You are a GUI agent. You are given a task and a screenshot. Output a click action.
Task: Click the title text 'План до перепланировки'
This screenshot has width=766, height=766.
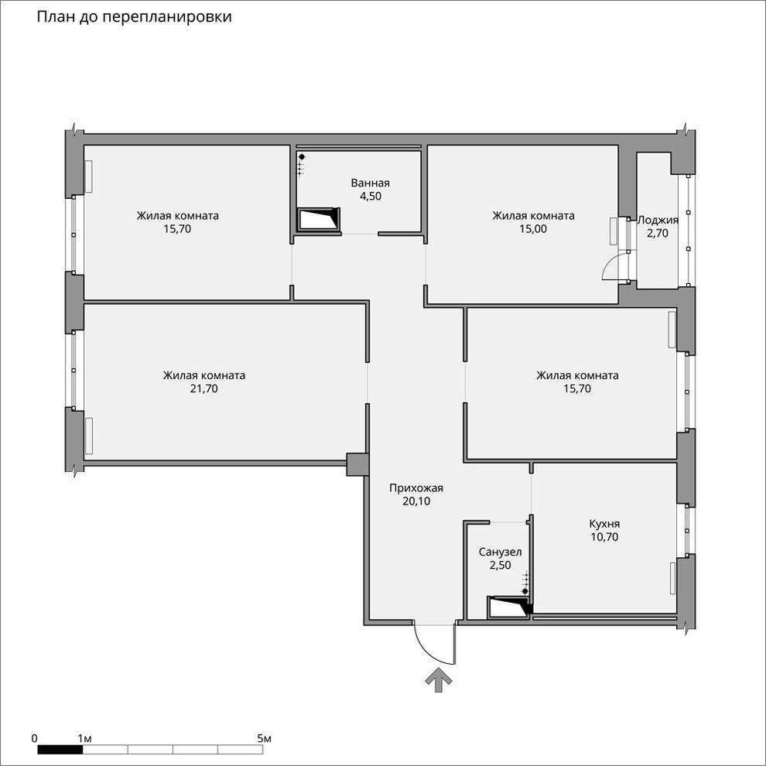[134, 16]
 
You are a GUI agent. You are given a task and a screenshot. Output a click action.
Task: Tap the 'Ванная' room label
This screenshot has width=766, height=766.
[370, 183]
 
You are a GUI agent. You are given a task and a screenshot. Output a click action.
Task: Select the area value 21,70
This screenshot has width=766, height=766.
[204, 389]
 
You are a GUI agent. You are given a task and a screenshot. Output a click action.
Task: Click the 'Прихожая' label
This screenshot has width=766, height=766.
[416, 487]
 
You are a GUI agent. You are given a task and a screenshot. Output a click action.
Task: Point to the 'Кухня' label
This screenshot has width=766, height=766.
[604, 523]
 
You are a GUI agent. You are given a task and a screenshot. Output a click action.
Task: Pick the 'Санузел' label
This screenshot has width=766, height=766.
[501, 552]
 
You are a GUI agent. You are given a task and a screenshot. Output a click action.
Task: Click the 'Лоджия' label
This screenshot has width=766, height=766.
[658, 220]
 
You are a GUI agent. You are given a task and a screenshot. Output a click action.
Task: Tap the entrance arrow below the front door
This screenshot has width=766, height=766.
[438, 681]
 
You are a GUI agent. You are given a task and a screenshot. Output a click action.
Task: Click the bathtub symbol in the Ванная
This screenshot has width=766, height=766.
[320, 220]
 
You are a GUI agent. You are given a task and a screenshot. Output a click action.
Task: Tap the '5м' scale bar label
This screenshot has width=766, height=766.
[264, 739]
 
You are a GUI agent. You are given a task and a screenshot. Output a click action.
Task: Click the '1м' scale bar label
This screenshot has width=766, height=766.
[85, 739]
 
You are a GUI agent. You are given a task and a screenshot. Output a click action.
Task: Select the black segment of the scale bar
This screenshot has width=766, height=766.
[60, 749]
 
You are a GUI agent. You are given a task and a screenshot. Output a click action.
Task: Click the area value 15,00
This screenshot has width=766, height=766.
[533, 229]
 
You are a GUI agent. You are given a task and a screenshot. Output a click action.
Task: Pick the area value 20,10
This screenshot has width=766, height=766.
[416, 501]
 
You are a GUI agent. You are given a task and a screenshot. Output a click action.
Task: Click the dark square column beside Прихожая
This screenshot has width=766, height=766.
[357, 464]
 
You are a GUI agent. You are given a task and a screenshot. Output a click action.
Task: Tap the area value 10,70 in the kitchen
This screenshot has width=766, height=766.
[604, 536]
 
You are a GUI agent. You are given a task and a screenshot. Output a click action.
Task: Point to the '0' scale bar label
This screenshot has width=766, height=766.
[36, 739]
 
